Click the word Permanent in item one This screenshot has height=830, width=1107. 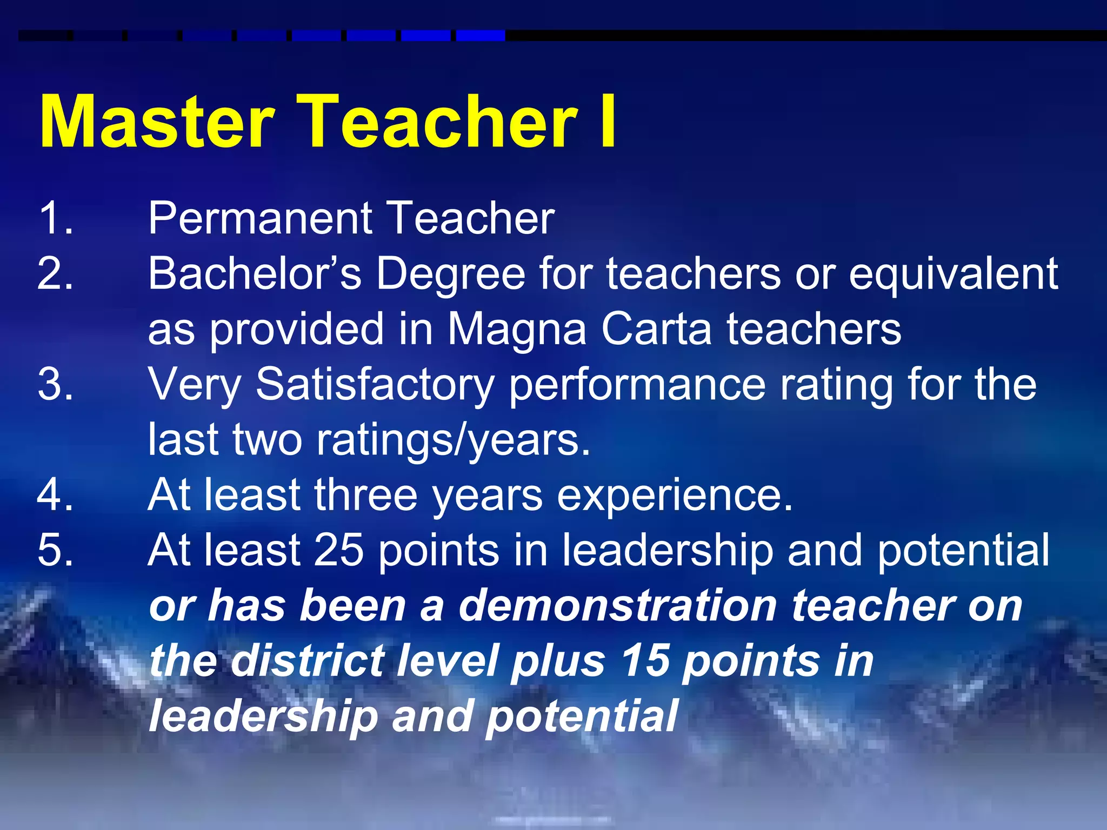pyautogui.click(x=260, y=219)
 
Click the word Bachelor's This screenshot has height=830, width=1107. pyautogui.click(x=255, y=273)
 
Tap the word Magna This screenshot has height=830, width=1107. pyautogui.click(x=517, y=330)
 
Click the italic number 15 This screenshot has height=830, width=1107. pyautogui.click(x=645, y=661)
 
